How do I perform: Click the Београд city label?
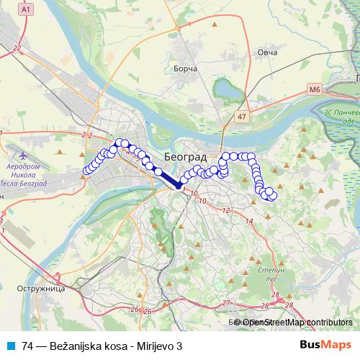coord(185,156)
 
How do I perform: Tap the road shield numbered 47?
coord(241,115)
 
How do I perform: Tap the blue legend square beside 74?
coord(9,346)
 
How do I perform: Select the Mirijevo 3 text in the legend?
coord(159,346)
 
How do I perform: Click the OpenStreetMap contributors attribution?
coord(295,323)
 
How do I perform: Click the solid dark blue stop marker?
coord(179,186)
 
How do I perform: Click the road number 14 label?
coord(249,222)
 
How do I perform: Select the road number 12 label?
coord(226,211)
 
